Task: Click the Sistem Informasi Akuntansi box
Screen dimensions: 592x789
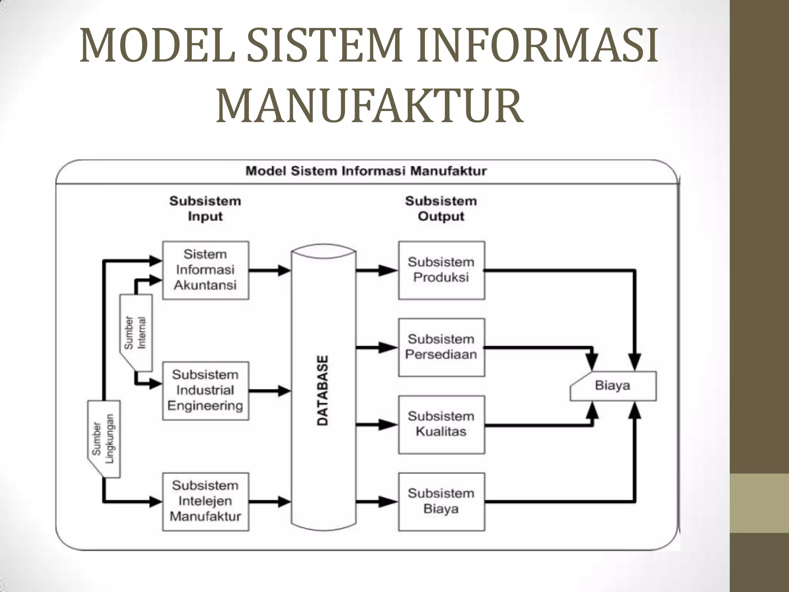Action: tap(205, 270)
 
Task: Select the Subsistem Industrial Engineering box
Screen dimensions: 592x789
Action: tap(205, 390)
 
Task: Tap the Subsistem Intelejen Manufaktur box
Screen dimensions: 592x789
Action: tap(205, 501)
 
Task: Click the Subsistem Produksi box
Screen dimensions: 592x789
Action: tap(442, 270)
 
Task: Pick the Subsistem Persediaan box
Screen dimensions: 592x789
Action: tap(442, 347)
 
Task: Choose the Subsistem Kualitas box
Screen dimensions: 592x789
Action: tap(442, 424)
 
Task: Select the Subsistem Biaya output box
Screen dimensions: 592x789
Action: tap(442, 501)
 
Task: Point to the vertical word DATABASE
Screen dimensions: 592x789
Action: tap(323, 390)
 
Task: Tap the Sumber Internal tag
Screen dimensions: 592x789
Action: tap(136, 333)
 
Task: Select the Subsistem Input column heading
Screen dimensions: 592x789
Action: tap(205, 209)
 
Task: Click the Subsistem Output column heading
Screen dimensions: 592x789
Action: tap(441, 209)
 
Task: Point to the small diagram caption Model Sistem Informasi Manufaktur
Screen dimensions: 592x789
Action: tap(366, 171)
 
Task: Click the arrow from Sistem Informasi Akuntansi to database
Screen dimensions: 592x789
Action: tap(270, 271)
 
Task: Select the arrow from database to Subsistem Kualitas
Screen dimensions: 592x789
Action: tap(377, 425)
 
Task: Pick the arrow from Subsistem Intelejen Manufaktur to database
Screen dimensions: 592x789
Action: tap(270, 502)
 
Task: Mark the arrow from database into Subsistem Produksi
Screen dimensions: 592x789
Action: tap(377, 271)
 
